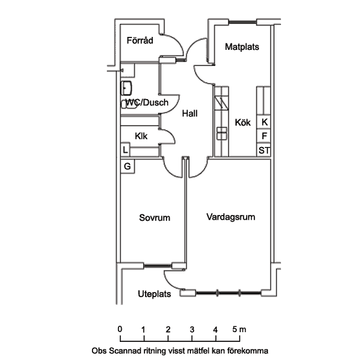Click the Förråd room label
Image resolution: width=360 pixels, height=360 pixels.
[x=140, y=40]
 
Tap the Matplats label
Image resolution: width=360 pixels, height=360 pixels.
[x=242, y=47]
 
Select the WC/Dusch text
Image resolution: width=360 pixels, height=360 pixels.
[x=147, y=102]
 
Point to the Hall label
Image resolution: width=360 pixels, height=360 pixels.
[x=190, y=113]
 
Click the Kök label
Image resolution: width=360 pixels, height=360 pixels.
[x=243, y=122]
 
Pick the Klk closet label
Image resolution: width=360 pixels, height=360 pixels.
[x=141, y=136]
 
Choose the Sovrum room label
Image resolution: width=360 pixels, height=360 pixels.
[x=155, y=218]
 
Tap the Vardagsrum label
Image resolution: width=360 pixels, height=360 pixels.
[x=231, y=217]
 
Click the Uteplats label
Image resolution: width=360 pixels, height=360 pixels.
[x=154, y=294]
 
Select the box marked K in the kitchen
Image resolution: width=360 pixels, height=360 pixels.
[x=264, y=122]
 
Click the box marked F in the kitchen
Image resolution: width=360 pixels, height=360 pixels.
[x=264, y=136]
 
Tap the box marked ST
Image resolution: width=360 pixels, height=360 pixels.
[x=264, y=150]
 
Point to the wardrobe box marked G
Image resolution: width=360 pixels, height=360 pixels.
[x=128, y=166]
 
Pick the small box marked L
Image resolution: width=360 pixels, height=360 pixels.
[x=125, y=150]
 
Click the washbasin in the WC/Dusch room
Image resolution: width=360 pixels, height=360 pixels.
[x=126, y=88]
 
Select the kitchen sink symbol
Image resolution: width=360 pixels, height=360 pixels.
[x=222, y=133]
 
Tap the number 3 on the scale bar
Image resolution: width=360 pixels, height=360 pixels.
[x=192, y=330]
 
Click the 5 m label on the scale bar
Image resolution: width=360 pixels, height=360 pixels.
[x=239, y=330]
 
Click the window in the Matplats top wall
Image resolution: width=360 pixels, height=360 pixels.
[x=242, y=22]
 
